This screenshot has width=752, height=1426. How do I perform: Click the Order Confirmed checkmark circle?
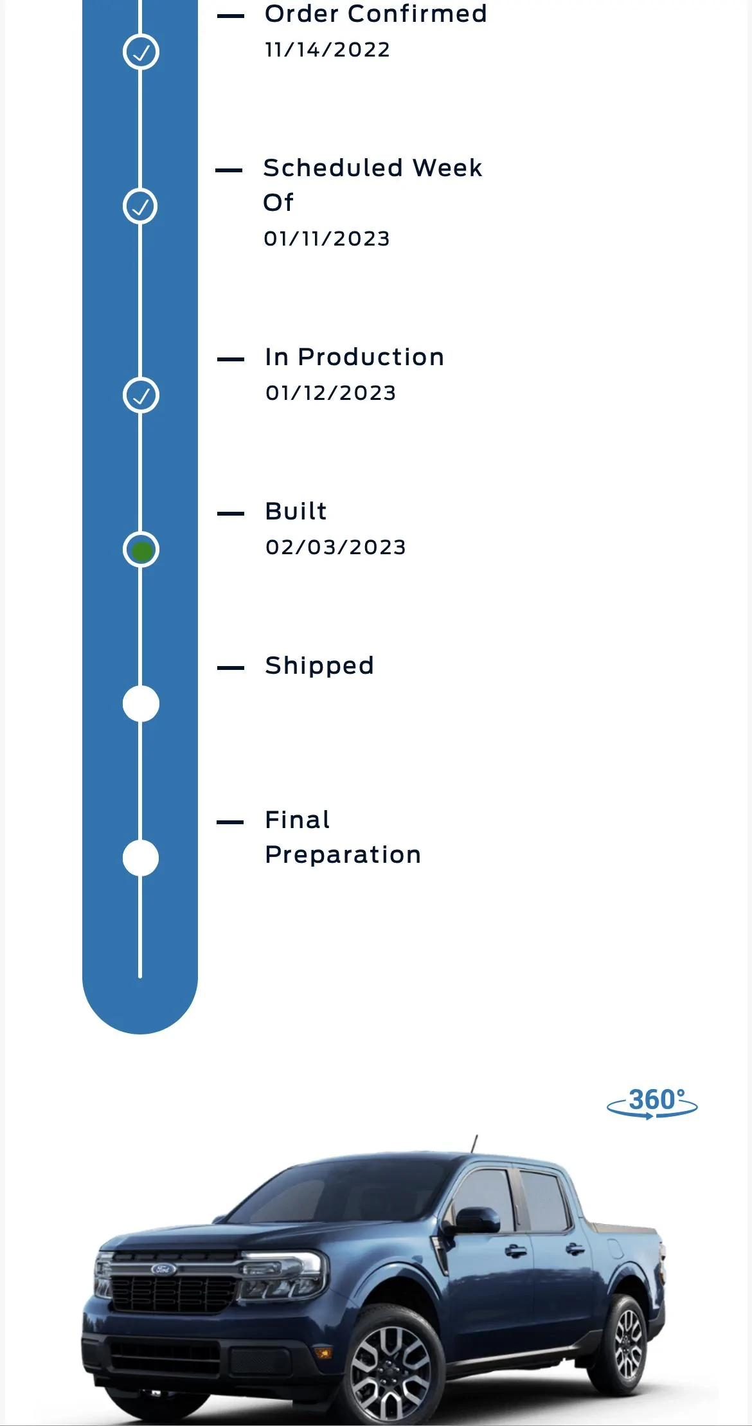click(x=141, y=51)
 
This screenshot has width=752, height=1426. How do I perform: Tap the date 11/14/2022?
click(x=327, y=50)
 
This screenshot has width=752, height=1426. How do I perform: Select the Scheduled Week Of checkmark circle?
click(x=140, y=206)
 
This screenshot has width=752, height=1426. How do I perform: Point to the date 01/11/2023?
click(x=327, y=239)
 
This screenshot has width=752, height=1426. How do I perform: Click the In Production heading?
click(x=354, y=357)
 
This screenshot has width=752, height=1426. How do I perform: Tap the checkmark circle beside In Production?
click(x=141, y=395)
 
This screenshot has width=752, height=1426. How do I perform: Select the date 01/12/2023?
click(x=330, y=393)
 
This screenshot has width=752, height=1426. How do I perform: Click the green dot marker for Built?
click(x=141, y=550)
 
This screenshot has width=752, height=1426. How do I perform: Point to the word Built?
click(x=296, y=511)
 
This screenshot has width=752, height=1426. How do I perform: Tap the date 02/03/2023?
click(x=336, y=547)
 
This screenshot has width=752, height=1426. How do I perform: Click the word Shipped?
click(x=319, y=666)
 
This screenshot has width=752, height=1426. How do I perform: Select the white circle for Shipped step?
click(x=141, y=703)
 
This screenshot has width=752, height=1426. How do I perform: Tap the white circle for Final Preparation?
click(x=141, y=858)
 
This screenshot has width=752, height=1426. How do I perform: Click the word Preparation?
click(x=343, y=855)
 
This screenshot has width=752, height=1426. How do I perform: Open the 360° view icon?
click(x=652, y=1103)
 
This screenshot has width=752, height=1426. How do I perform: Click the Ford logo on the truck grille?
click(x=163, y=1268)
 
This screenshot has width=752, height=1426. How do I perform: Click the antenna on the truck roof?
click(x=474, y=1144)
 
